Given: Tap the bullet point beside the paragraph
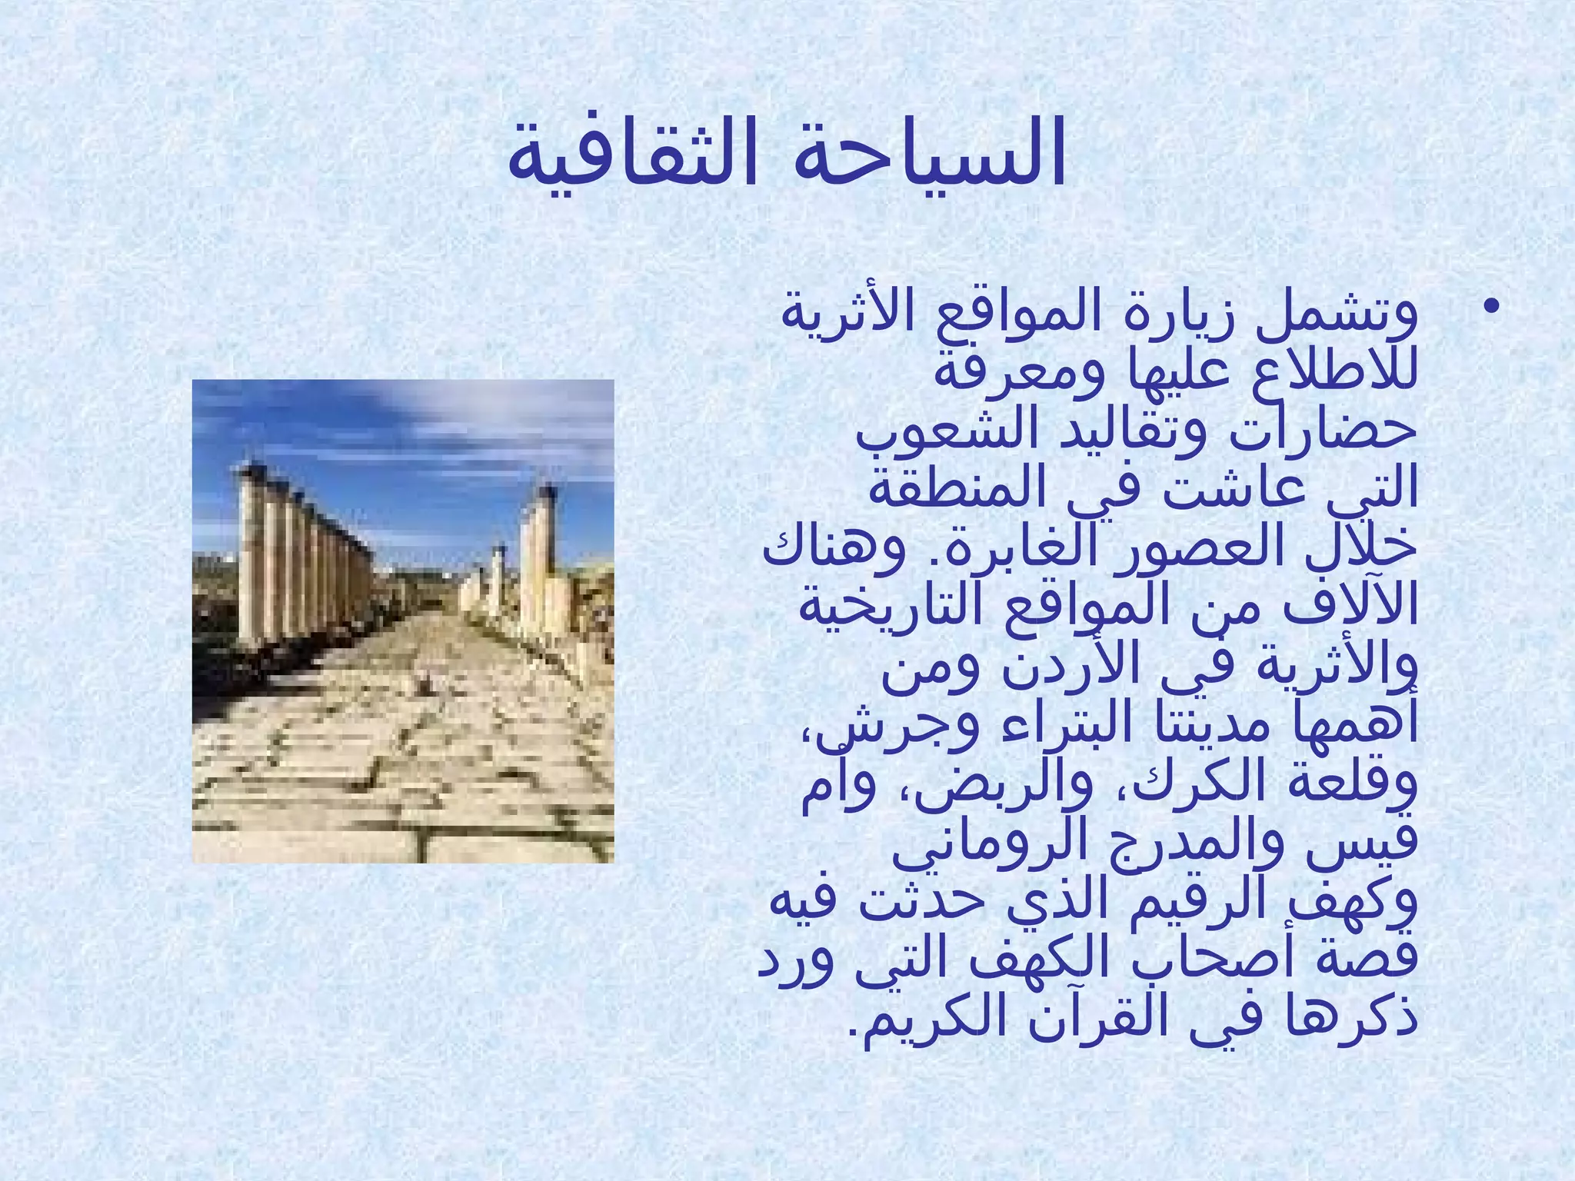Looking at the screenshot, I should click(1491, 308).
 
